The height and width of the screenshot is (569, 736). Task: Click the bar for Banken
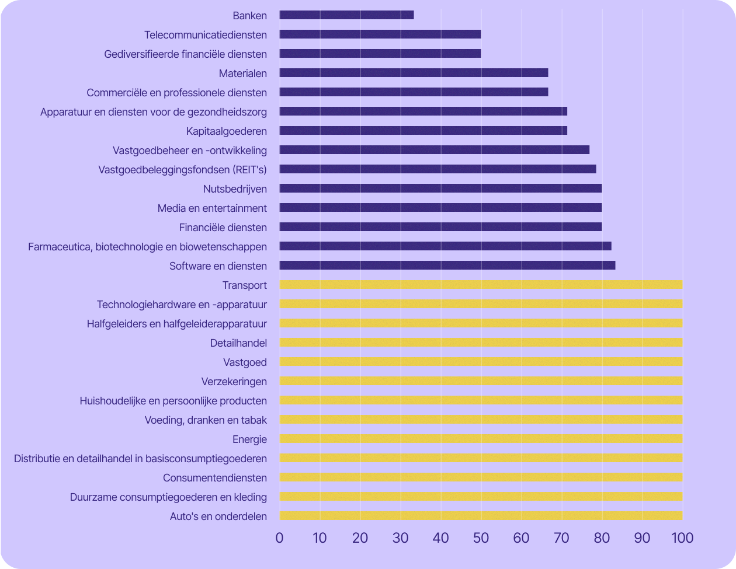(x=346, y=15)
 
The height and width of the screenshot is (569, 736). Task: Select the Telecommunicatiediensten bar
(x=380, y=34)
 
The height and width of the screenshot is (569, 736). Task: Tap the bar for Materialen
(x=414, y=73)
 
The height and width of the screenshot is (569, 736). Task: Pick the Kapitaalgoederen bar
(x=423, y=131)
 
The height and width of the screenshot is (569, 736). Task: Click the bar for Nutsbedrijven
(x=440, y=188)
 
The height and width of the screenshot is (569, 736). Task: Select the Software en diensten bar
(x=447, y=266)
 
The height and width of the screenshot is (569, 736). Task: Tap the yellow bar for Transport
(x=481, y=285)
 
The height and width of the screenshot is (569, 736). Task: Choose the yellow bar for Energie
(x=481, y=439)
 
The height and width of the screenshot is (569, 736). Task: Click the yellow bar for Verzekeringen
(x=481, y=381)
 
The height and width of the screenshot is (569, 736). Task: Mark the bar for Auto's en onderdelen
(x=481, y=516)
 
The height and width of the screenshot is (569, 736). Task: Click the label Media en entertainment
(x=212, y=208)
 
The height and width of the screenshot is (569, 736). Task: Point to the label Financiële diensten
(x=223, y=228)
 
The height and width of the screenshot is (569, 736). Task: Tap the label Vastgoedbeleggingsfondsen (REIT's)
(x=183, y=169)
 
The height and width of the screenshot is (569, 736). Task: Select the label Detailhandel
(x=238, y=343)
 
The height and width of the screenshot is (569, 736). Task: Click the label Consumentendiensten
(x=215, y=478)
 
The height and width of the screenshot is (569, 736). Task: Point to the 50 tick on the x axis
(x=481, y=537)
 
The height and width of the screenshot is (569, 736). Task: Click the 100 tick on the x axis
(x=682, y=537)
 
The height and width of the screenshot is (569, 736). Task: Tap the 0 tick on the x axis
(x=280, y=537)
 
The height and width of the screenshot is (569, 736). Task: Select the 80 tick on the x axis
(x=602, y=537)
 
